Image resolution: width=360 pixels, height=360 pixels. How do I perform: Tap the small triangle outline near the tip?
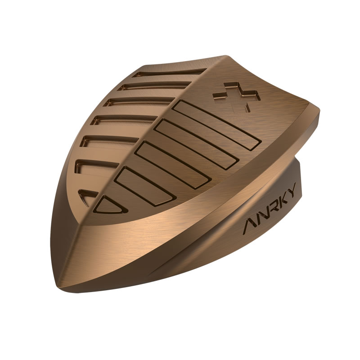click(x=110, y=206)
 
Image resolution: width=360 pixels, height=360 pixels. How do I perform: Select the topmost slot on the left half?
click(x=170, y=72)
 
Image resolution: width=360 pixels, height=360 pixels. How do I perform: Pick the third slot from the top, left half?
click(x=139, y=102)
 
